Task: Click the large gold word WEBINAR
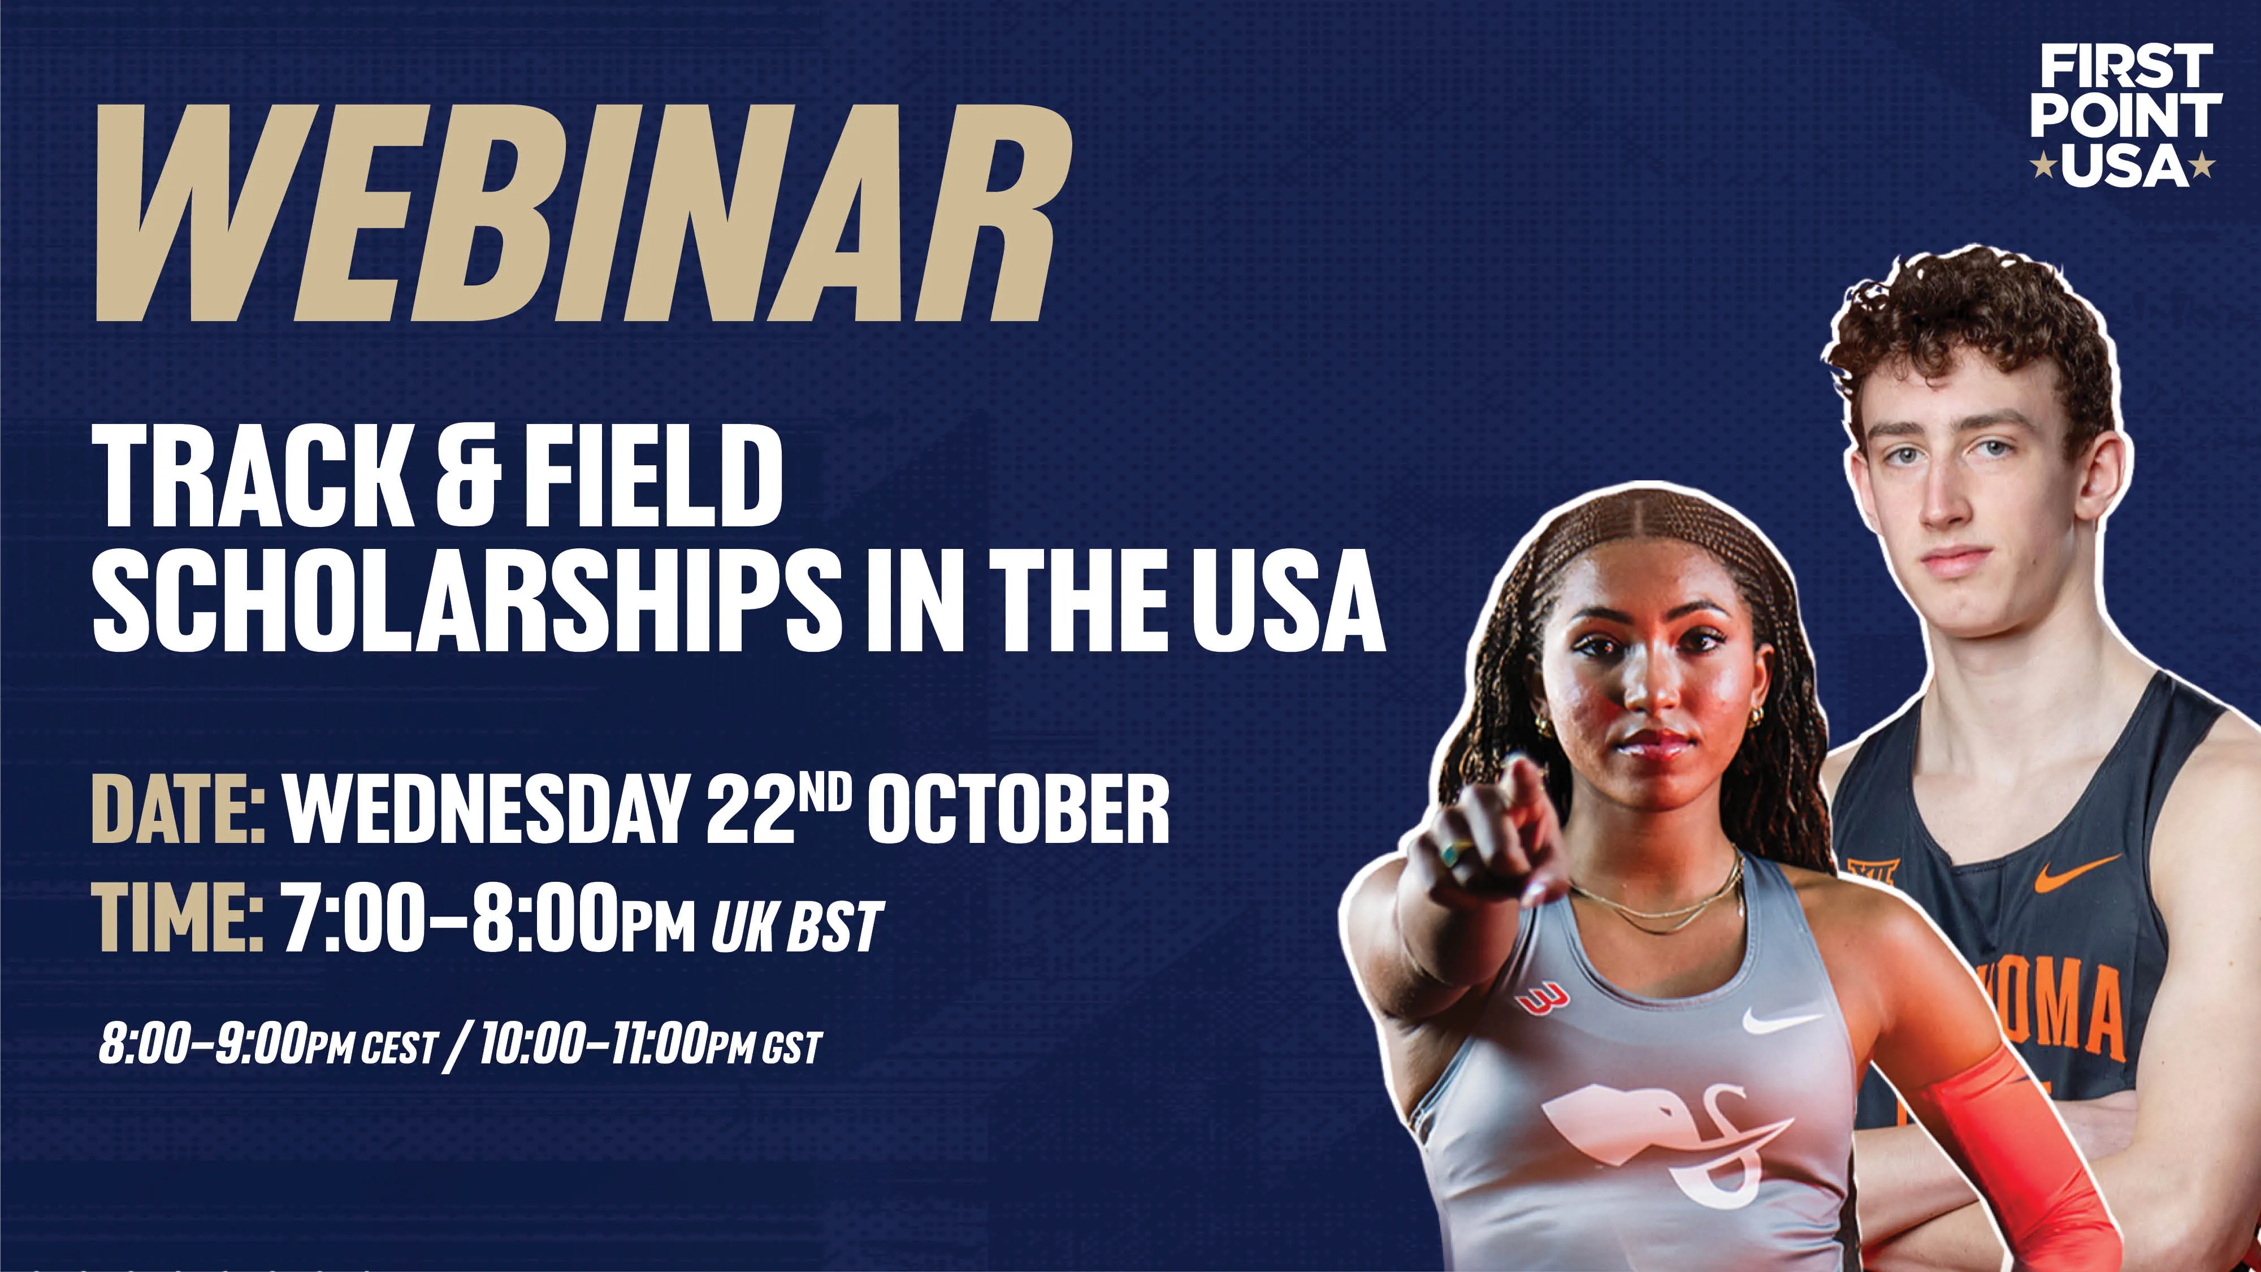(584, 213)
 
